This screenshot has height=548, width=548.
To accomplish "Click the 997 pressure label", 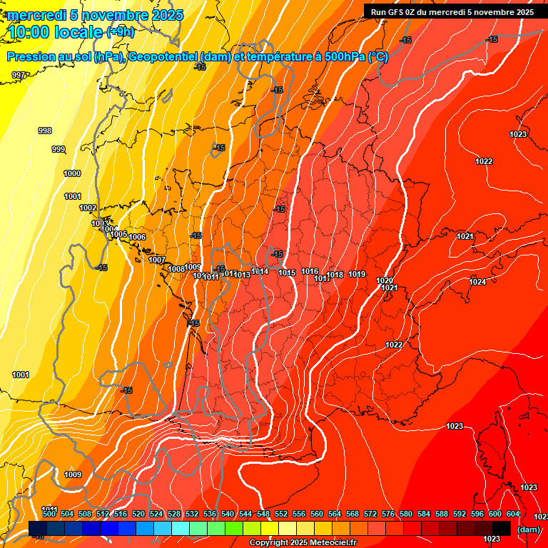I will coord(19,75).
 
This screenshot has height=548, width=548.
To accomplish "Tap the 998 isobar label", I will coord(45,131).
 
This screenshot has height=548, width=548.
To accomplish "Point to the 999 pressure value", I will coord(59,149).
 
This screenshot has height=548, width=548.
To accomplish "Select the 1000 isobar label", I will coord(72,173).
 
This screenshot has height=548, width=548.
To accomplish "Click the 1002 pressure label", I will coord(88,208).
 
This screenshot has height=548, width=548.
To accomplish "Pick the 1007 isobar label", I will coord(157,260).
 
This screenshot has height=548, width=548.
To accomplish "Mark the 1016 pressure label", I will coord(310,271).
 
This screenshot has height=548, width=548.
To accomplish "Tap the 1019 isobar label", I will coord(357,274).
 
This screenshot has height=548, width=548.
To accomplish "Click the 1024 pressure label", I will coord(477,282).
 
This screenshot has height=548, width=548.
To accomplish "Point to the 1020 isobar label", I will coord(385,280).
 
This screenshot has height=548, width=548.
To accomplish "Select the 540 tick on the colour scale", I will coord(228,514).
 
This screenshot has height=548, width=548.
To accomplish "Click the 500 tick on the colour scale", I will coord(49,514).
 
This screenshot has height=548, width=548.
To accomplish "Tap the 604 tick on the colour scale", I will coord(513,514).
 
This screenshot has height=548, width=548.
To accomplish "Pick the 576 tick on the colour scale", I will coord(388,514).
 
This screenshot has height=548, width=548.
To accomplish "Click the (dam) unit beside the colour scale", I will coord(528,529).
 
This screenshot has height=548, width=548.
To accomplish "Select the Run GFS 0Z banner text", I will coord(452,12).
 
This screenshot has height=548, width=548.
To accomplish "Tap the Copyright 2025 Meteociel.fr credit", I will coord(303,543).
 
